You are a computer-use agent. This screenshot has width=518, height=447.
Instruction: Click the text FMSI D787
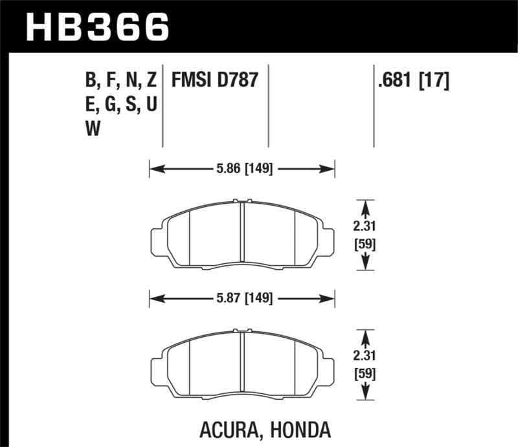[214, 81]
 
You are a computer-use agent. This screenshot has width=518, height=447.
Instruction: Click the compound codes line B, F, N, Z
[121, 81]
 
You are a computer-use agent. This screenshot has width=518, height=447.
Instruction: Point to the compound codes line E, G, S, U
[121, 105]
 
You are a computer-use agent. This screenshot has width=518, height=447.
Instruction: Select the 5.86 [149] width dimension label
[243, 169]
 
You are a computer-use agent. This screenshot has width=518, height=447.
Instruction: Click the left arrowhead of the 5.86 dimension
[153, 169]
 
